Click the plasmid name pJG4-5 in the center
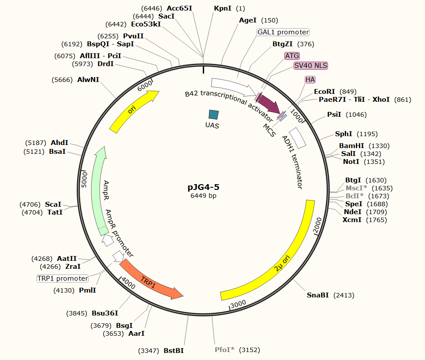203,187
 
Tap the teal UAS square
213,115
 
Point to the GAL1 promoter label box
283,32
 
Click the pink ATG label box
292,56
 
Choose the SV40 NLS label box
311,66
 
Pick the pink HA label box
310,79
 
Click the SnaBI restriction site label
318,295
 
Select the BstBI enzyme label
174,351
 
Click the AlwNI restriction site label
88,80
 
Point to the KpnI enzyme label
223,8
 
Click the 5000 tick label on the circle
85,180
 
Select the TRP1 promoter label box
63,278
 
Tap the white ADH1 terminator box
298,138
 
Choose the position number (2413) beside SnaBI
343,295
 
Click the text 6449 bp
203,196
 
